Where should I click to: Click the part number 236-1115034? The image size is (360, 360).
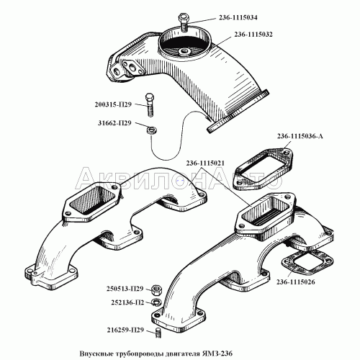click(x=238, y=18)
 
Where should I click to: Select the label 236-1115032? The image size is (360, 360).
click(x=253, y=35)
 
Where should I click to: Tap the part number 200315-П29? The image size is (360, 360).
click(x=113, y=104)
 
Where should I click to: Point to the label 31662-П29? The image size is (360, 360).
click(x=114, y=123)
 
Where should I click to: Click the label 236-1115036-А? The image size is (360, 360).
click(x=300, y=136)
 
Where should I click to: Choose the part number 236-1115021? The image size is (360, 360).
click(x=205, y=163)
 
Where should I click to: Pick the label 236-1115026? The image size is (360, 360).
click(x=296, y=282)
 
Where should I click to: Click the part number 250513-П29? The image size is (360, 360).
click(x=125, y=289)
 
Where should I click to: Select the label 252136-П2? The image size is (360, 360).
click(x=127, y=302)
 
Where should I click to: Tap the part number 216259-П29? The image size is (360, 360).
click(x=125, y=330)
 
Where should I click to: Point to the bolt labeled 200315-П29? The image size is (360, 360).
click(x=150, y=105)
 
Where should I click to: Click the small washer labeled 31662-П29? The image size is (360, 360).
click(x=151, y=131)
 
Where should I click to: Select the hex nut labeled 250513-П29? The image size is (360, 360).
click(x=157, y=289)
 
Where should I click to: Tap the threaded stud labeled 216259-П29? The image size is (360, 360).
click(x=158, y=333)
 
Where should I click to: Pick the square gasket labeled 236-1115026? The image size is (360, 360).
click(x=307, y=262)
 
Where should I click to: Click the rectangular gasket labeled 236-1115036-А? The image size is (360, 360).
click(x=263, y=169)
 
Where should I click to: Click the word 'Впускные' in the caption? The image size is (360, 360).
click(x=96, y=354)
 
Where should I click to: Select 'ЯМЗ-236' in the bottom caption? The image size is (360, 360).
click(x=220, y=354)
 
